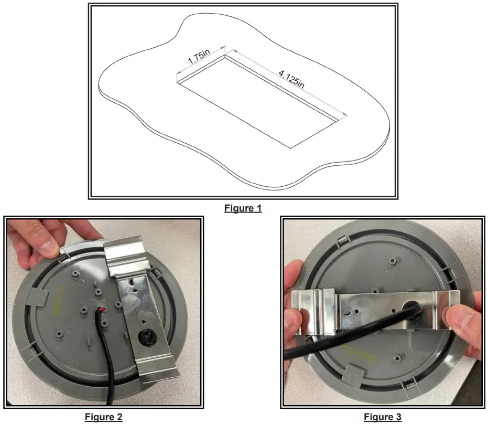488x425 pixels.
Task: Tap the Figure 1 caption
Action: point(243,208)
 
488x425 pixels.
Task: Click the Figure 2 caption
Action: point(103,417)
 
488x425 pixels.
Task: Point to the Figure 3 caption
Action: point(383,417)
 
